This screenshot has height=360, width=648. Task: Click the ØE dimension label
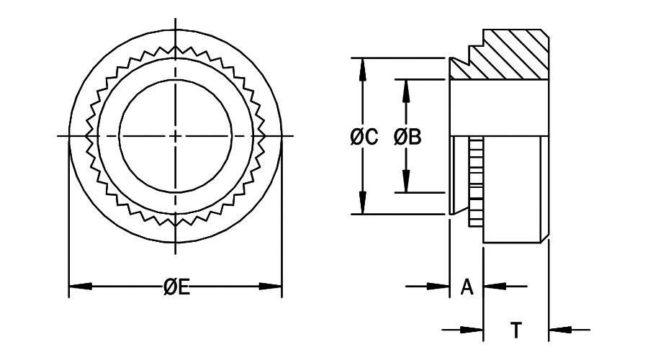[176, 287]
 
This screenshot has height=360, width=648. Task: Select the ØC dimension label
[364, 137]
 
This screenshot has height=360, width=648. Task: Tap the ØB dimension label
[407, 137]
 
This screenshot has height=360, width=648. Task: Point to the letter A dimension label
[466, 287]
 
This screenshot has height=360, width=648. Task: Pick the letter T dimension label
[516, 330]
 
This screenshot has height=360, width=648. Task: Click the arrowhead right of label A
[493, 287]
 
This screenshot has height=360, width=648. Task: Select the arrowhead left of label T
[472, 330]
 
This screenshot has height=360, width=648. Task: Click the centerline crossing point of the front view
[176, 135]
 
